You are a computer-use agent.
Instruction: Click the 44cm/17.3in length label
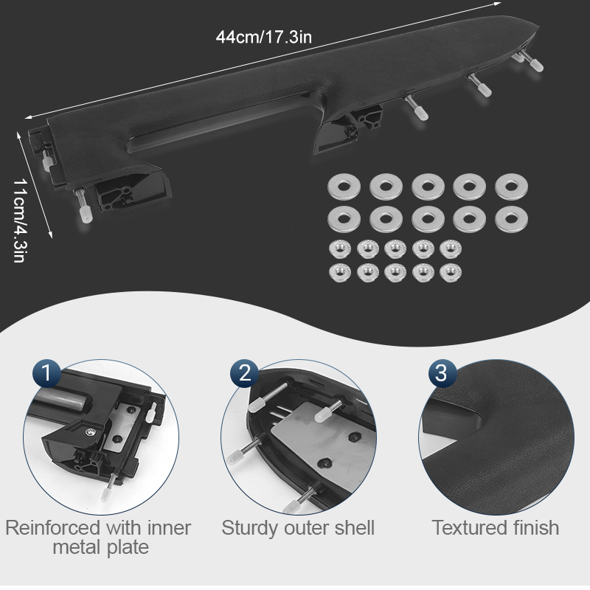pyautogui.click(x=264, y=38)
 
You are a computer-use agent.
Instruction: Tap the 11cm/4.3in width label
pyautogui.click(x=20, y=220)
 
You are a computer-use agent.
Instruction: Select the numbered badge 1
pyautogui.click(x=46, y=373)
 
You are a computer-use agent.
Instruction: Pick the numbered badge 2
pyautogui.click(x=244, y=373)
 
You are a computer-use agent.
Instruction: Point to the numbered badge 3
pyautogui.click(x=442, y=373)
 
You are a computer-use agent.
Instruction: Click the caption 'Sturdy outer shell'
pyautogui.click(x=298, y=527)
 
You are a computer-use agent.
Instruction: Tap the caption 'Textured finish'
pyautogui.click(x=495, y=527)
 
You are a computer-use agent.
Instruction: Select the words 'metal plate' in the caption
pyautogui.click(x=100, y=547)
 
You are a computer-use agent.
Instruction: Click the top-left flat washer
pyautogui.click(x=344, y=187)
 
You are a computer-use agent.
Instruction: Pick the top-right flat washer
pyautogui.click(x=511, y=187)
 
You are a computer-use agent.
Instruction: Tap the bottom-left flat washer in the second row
pyautogui.click(x=344, y=219)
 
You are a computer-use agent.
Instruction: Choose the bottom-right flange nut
pyautogui.click(x=451, y=273)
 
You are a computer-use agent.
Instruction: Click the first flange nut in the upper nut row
pyautogui.click(x=340, y=249)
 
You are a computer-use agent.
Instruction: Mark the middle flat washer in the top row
pyautogui.click(x=428, y=187)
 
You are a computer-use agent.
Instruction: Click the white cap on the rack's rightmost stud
pyautogui.click(x=536, y=66)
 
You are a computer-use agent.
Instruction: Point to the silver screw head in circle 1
pyautogui.click(x=90, y=432)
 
